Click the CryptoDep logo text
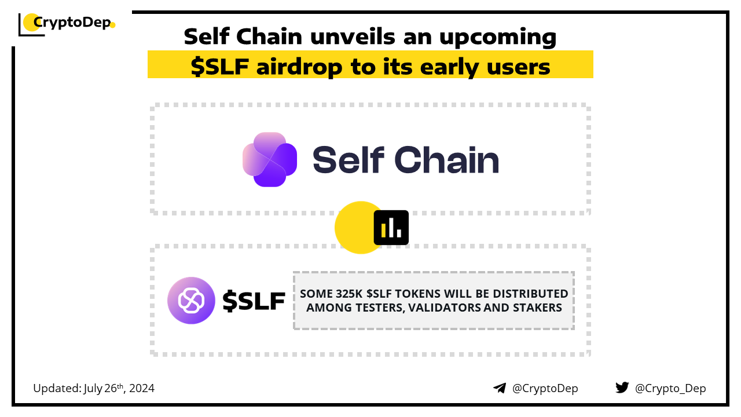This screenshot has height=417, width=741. (72, 23)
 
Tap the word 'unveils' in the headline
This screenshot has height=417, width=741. (353, 36)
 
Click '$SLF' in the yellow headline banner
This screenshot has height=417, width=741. (219, 67)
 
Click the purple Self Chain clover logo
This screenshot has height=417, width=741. (270, 159)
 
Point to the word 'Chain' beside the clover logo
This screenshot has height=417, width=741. (446, 160)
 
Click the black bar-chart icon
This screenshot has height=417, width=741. (391, 228)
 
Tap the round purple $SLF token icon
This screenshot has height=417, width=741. (191, 301)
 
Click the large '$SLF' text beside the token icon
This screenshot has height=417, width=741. (254, 301)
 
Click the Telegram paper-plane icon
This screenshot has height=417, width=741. (500, 388)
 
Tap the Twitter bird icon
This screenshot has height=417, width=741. (622, 387)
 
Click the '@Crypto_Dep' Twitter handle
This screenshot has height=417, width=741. (670, 388)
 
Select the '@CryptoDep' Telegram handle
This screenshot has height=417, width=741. (545, 388)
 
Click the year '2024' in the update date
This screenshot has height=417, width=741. (142, 388)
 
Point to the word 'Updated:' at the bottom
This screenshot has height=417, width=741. (57, 388)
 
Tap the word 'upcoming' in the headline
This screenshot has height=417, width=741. (497, 37)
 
